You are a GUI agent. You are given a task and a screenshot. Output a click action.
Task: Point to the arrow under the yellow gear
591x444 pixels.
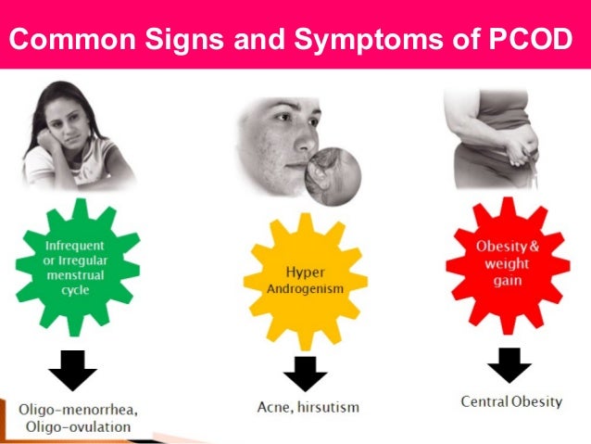pos(305,373)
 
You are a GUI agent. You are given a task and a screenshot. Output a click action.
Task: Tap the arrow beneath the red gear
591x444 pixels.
pos(509,364)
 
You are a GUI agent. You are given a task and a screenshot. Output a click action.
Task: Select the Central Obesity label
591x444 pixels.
pos(509,402)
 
